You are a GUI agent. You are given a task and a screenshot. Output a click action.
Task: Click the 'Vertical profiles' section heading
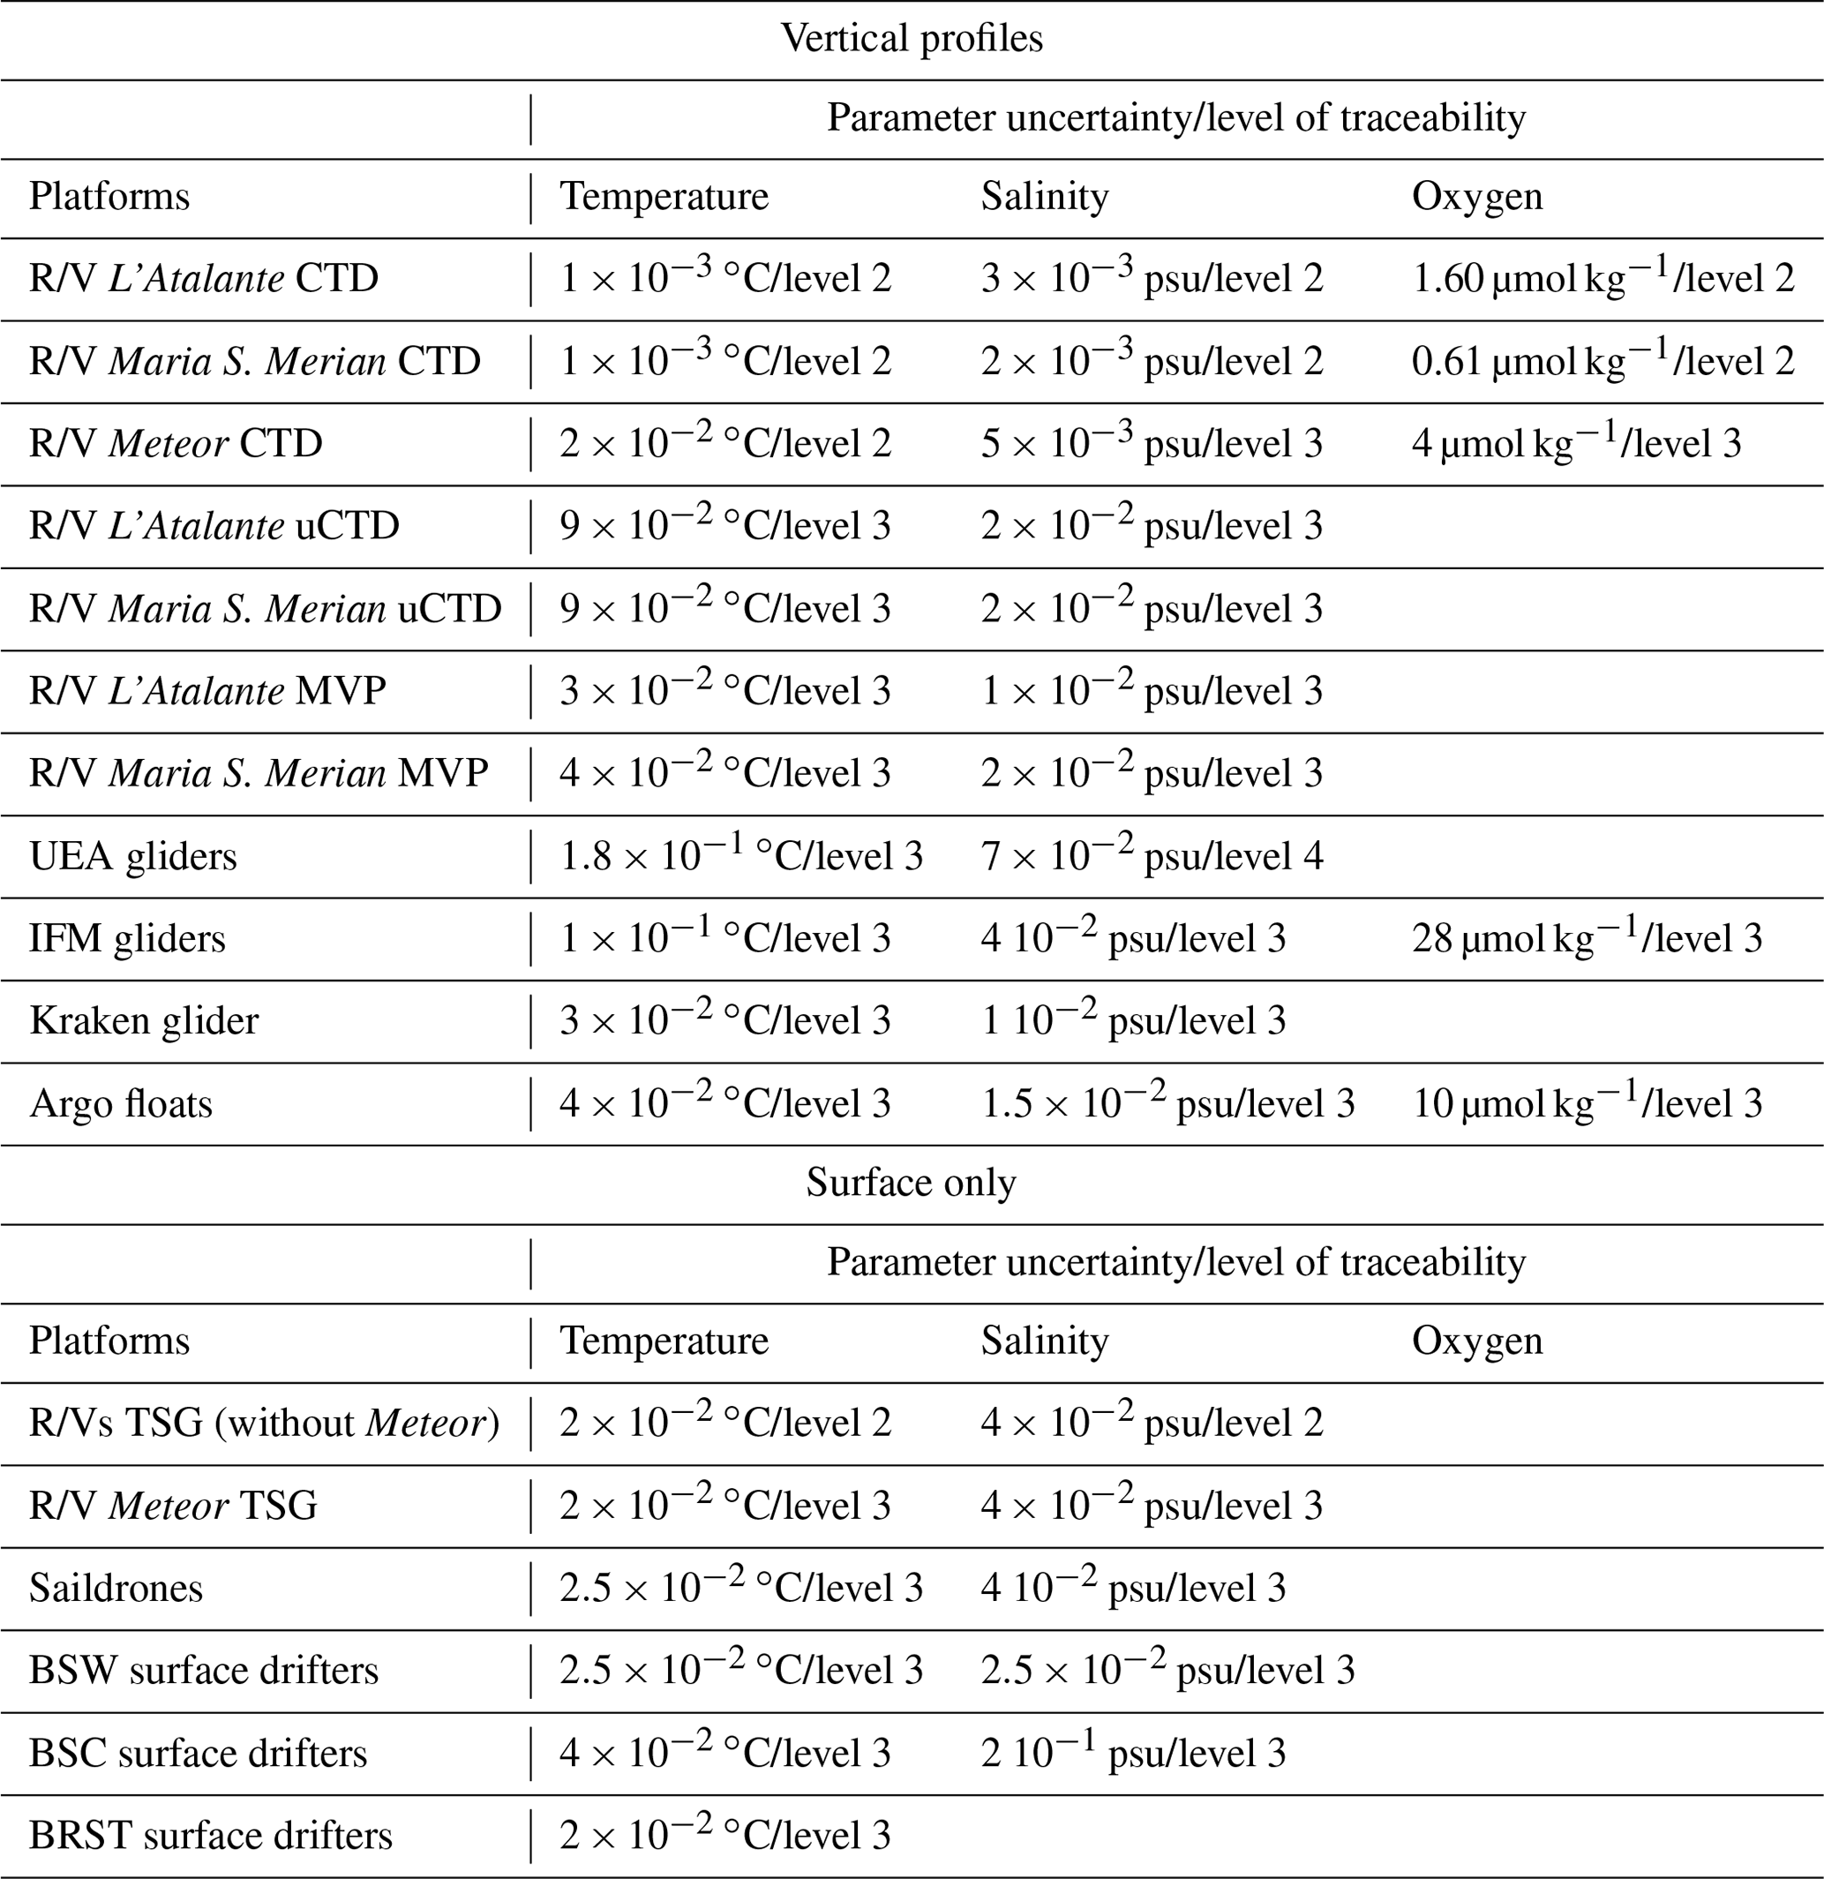(912, 38)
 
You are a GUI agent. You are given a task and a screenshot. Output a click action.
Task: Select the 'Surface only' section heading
(911, 1182)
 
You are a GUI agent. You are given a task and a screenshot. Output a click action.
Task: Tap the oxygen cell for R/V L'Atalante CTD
(1603, 278)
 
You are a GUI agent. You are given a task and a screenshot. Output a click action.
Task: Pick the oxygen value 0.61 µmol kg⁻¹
(1603, 360)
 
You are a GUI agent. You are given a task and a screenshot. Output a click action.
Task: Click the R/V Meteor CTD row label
(176, 443)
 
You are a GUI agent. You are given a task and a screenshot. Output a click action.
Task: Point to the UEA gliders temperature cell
(741, 855)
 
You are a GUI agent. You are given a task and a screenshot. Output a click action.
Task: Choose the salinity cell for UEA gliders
(1152, 855)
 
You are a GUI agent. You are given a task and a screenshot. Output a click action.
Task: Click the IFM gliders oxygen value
(1587, 937)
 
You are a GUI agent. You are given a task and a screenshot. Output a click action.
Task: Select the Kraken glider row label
(144, 1020)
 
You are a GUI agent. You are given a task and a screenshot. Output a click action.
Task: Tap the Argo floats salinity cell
(1167, 1102)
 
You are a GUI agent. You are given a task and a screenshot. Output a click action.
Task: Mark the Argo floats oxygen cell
(1587, 1102)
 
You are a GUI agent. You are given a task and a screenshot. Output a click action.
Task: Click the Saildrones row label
(116, 1588)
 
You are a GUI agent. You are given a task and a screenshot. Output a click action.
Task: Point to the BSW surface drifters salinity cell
(1167, 1670)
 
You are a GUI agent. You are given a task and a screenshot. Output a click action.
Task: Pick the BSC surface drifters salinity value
(1133, 1753)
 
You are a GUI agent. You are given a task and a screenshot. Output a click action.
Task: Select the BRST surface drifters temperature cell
(725, 1835)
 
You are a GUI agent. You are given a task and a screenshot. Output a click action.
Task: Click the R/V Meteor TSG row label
(173, 1505)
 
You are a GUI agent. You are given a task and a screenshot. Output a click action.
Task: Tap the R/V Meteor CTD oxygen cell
(1576, 443)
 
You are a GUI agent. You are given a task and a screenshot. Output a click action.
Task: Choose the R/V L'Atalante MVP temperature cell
(725, 690)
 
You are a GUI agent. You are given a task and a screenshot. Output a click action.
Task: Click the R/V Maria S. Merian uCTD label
(266, 608)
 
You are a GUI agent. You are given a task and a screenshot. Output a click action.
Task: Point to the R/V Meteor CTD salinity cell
(1152, 443)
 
